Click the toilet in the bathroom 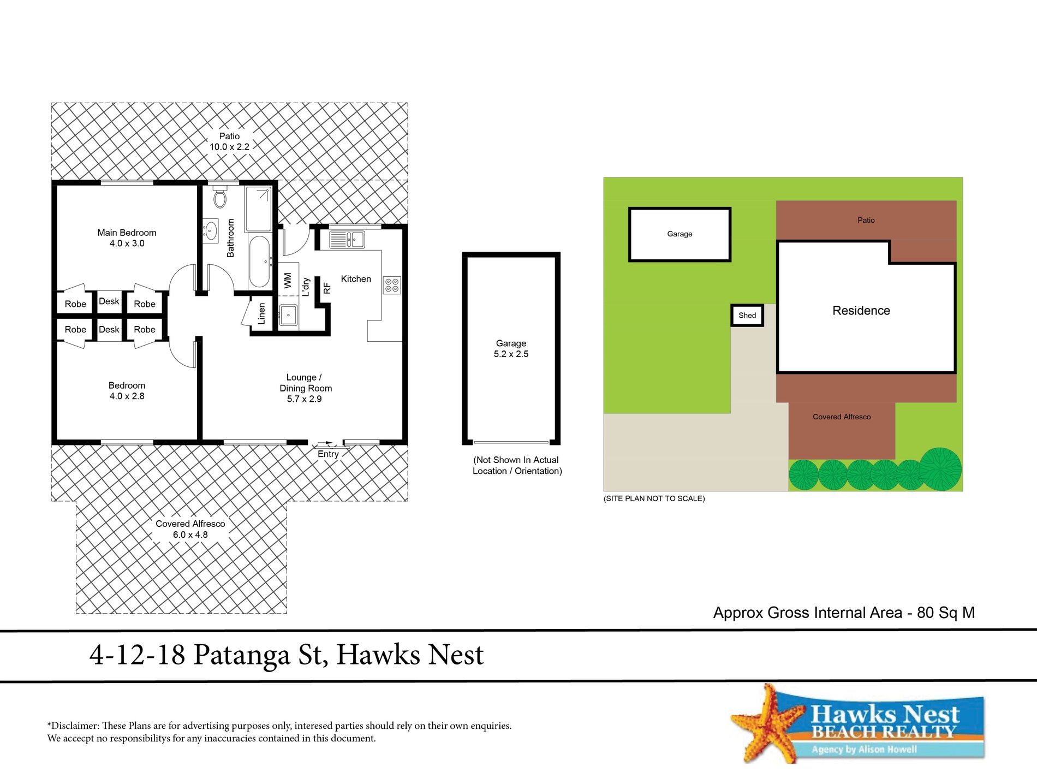click(x=220, y=197)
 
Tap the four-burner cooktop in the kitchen click(x=392, y=285)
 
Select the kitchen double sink click(x=347, y=240)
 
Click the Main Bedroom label click(x=127, y=233)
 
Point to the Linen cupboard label click(x=261, y=313)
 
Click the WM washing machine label click(x=288, y=281)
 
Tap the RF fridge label click(x=327, y=288)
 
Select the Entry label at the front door click(x=328, y=454)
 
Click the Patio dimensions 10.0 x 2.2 click(x=229, y=147)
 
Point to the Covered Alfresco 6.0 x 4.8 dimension click(x=190, y=534)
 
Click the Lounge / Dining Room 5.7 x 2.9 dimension click(x=304, y=399)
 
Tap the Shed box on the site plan click(x=747, y=316)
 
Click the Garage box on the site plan click(x=680, y=234)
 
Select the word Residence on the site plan click(x=861, y=311)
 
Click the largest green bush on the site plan click(x=940, y=468)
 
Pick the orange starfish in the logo click(x=769, y=724)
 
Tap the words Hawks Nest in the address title click(x=409, y=655)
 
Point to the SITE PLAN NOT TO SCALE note click(x=654, y=498)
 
